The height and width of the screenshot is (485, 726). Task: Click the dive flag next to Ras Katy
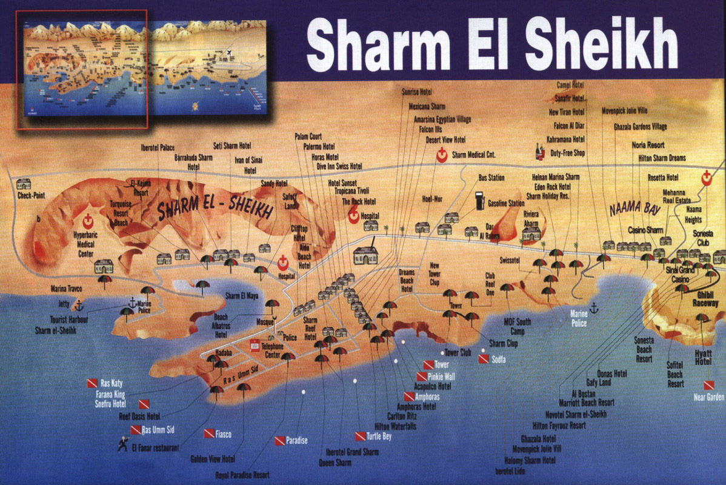click(x=92, y=383)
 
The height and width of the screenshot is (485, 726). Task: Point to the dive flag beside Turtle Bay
click(x=359, y=436)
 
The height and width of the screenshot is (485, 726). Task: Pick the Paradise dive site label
click(x=296, y=440)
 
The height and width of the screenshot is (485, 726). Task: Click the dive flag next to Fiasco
click(x=208, y=433)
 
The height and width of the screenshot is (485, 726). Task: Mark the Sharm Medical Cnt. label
click(x=473, y=155)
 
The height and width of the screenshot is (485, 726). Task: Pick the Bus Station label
click(x=491, y=178)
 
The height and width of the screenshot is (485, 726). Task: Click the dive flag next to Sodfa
click(x=483, y=359)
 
